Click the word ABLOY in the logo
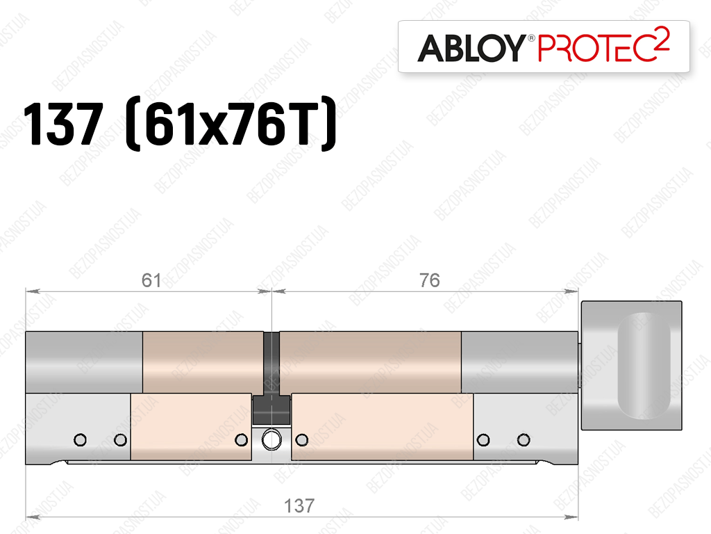click(x=471, y=48)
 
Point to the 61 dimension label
click(x=151, y=280)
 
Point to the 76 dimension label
click(x=429, y=280)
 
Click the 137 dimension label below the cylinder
click(x=299, y=505)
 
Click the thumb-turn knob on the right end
click(x=631, y=365)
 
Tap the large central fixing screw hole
click(x=271, y=439)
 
